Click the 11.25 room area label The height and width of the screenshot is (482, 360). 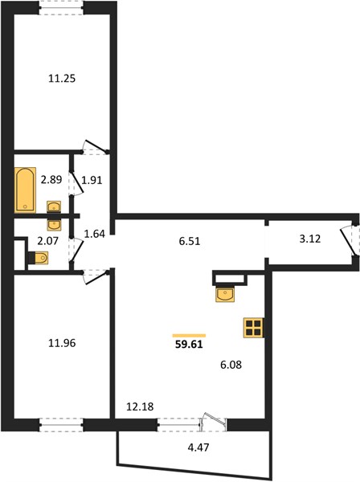click(x=62, y=79)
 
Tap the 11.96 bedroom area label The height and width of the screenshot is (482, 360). click(x=62, y=343)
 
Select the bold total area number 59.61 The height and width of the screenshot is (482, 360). click(x=189, y=345)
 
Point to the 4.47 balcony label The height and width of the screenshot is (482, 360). click(x=198, y=447)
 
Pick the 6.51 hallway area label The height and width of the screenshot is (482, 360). click(x=190, y=241)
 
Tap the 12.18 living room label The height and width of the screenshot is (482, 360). click(x=140, y=406)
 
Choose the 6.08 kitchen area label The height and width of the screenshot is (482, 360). click(x=231, y=365)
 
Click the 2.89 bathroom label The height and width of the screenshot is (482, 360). click(x=51, y=179)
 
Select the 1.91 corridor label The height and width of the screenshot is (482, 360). click(x=92, y=180)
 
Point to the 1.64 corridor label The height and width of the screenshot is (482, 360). click(x=94, y=235)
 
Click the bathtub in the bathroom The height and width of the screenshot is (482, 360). click(x=25, y=190)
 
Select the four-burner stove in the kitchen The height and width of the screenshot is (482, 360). click(x=253, y=328)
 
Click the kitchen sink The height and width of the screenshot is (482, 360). click(x=225, y=294)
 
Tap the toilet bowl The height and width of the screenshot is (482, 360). click(x=39, y=258)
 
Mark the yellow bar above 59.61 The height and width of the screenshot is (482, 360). click(x=189, y=336)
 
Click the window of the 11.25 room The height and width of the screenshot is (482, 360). click(x=61, y=8)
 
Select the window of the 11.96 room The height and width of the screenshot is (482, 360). click(x=61, y=425)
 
